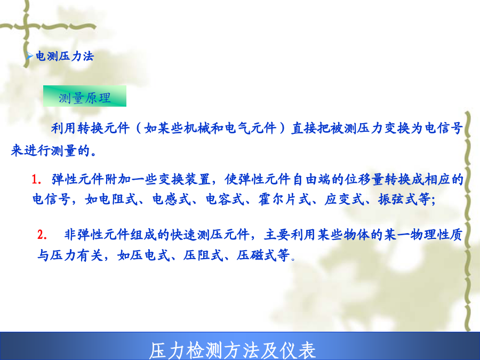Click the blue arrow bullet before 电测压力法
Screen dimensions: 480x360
pos(29,56)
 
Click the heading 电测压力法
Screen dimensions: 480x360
pos(65,57)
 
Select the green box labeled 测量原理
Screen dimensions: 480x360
pos(85,96)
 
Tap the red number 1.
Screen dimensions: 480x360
pos(36,179)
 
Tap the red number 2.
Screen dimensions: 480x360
pos(42,235)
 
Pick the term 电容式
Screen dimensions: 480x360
pos(225,199)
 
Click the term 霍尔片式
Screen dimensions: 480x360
pos(284,199)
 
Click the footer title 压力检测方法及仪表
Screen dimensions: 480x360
pos(233,350)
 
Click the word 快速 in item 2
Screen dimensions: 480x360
pos(183,235)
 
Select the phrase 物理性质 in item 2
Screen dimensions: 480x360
pos(436,235)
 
